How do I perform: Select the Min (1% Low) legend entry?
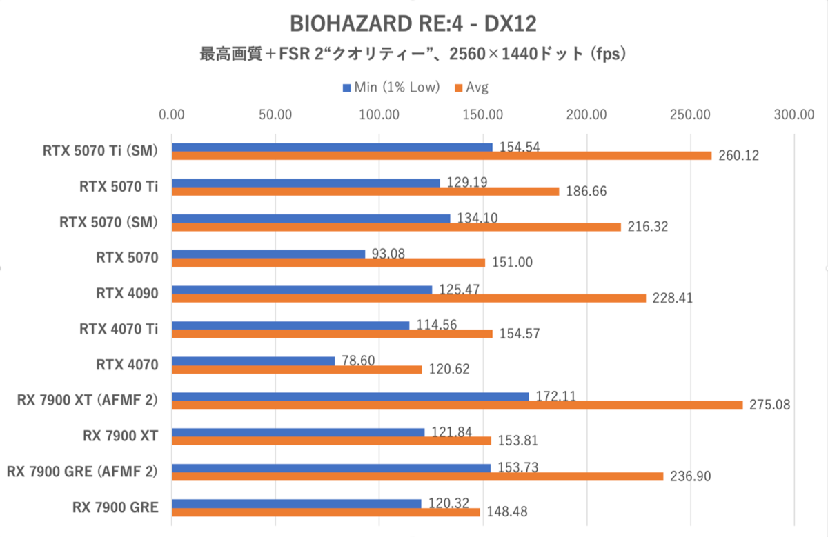391,87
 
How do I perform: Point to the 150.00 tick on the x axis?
483,114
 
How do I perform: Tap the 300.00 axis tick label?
795,114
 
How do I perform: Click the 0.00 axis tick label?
172,114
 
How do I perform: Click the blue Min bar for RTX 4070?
253,361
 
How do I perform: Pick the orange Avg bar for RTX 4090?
408,298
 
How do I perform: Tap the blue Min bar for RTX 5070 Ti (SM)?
332,147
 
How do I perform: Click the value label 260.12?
738,156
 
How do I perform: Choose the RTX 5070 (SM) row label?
109,222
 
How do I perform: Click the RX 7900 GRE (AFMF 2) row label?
81,472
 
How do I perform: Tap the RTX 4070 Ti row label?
119,329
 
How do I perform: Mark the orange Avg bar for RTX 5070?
328,263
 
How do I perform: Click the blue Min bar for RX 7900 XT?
298,432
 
